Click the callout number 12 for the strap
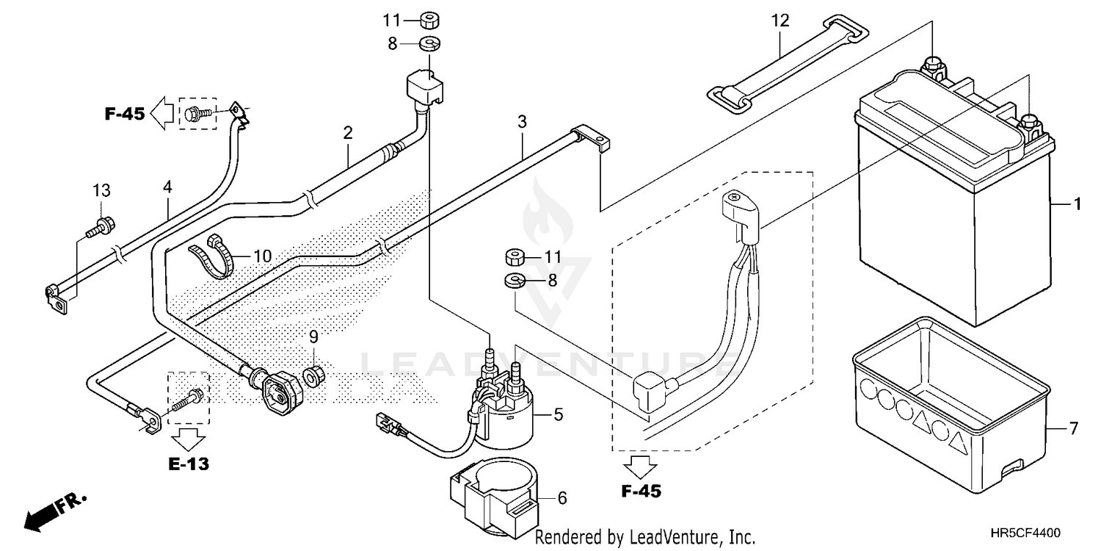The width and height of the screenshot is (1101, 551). (x=780, y=21)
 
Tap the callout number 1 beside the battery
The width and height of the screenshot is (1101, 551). (x=1077, y=204)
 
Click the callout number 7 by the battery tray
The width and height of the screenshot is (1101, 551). (x=1073, y=428)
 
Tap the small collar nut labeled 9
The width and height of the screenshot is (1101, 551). (x=313, y=376)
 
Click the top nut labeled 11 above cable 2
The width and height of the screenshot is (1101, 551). (x=429, y=21)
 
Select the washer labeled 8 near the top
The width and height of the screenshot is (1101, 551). (x=429, y=44)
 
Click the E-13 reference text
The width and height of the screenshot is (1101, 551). (x=189, y=464)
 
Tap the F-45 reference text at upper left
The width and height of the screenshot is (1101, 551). (x=125, y=114)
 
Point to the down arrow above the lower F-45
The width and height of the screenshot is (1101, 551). (x=639, y=467)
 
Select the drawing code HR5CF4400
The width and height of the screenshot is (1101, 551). (x=1025, y=533)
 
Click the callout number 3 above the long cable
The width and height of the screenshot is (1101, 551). (x=522, y=121)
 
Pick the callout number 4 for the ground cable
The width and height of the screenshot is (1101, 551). (x=167, y=187)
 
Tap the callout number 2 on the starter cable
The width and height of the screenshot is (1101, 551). (x=348, y=132)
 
